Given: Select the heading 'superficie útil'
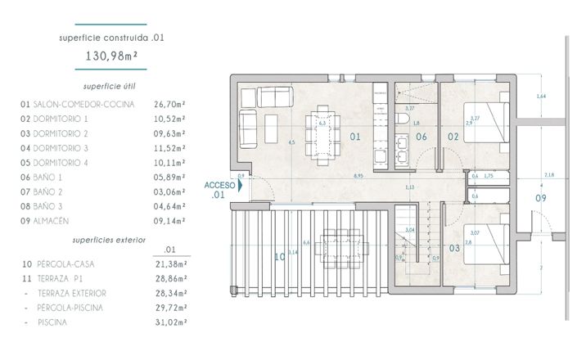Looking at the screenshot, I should pyautogui.click(x=113, y=86).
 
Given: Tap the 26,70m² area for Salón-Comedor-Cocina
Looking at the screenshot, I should pyautogui.click(x=169, y=104).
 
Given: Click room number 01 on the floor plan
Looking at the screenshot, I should pyautogui.click(x=354, y=137).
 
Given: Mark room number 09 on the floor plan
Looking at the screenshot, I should pyautogui.click(x=540, y=198).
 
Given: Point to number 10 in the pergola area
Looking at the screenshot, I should pyautogui.click(x=279, y=256).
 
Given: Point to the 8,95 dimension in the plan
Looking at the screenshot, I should pyautogui.click(x=358, y=175).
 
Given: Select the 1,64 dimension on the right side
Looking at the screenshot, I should pyautogui.click(x=540, y=97).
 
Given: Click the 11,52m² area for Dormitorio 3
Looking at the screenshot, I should pyautogui.click(x=169, y=147).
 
